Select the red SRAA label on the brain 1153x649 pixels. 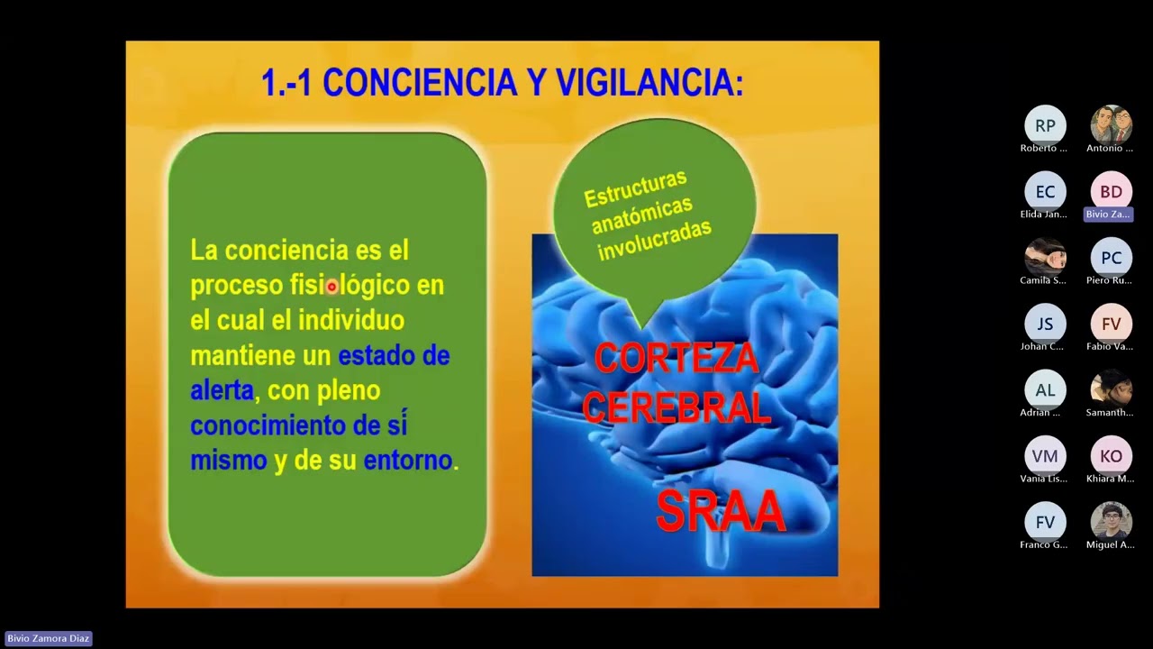point(721,511)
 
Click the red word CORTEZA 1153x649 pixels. point(676,359)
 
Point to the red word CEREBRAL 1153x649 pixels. point(676,407)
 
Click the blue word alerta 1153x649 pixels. point(222,390)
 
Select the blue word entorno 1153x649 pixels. point(407,461)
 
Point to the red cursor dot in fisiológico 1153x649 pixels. point(331,287)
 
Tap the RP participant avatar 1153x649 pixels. point(1045,125)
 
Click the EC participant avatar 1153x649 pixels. point(1045,191)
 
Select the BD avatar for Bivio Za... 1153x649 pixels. point(1111,191)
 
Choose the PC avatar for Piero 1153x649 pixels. point(1111,257)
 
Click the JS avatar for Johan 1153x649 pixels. point(1045,324)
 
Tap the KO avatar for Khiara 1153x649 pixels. point(1111,455)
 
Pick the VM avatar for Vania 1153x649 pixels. point(1045,455)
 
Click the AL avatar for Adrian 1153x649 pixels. point(1045,389)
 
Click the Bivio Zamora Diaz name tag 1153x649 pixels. point(49,638)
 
